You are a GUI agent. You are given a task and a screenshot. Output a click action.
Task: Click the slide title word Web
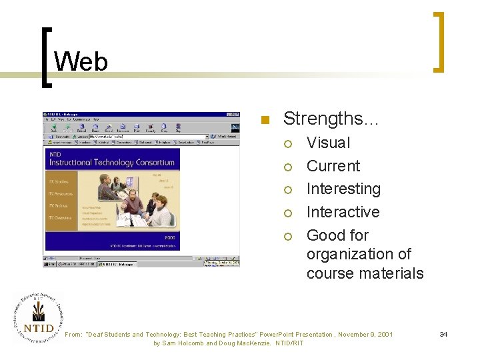tap(81, 62)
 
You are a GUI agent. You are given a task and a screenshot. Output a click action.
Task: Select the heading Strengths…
tap(331, 119)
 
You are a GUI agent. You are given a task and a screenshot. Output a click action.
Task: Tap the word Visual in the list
tap(328, 143)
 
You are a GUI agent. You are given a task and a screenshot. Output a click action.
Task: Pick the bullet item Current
tap(333, 166)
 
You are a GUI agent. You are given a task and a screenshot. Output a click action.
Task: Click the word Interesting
tap(343, 189)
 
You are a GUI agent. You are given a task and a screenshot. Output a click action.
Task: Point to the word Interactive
tap(343, 212)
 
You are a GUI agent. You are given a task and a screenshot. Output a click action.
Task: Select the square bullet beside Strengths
tap(265, 121)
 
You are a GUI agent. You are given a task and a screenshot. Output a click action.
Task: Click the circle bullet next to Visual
tap(288, 143)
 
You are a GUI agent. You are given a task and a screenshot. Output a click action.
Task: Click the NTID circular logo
tap(37, 318)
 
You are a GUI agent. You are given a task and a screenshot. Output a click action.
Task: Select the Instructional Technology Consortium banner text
tap(112, 162)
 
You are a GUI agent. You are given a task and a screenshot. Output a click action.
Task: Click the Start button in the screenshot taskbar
tap(51, 264)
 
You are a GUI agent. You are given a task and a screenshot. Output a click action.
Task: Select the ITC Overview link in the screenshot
tap(59, 217)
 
